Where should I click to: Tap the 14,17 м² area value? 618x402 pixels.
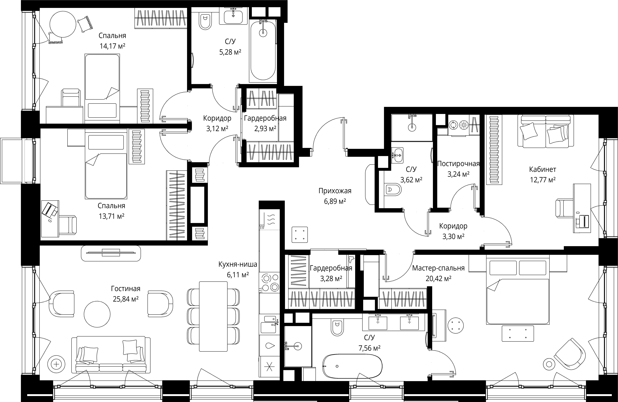[112, 46]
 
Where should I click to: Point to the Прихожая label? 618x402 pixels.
[335, 191]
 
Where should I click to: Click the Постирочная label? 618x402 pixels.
[458, 164]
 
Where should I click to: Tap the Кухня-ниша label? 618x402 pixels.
[238, 264]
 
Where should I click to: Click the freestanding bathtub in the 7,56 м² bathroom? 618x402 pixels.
[352, 366]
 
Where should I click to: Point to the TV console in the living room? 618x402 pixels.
[111, 253]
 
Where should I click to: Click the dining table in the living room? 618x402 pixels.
[213, 316]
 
